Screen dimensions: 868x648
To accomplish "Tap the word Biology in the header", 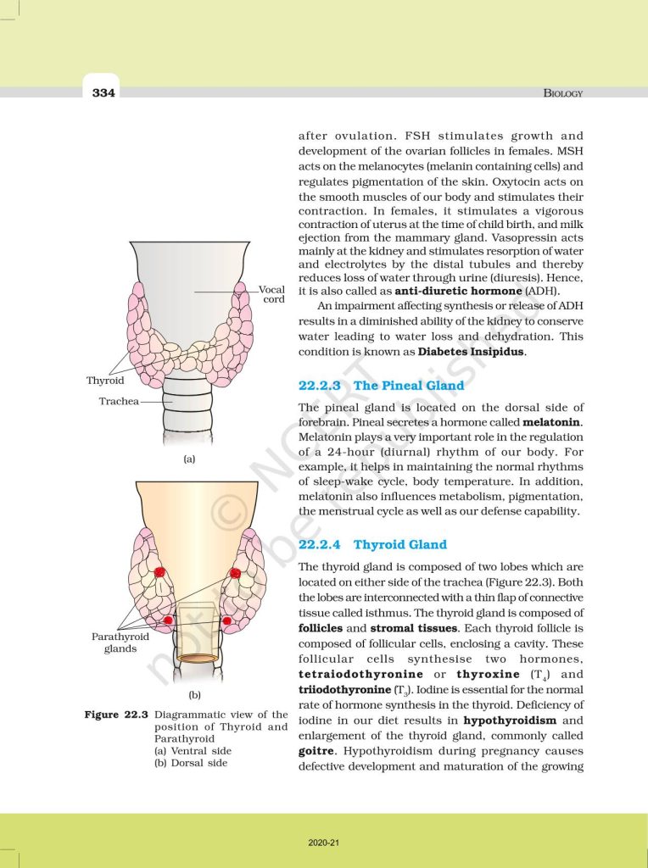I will [562, 93].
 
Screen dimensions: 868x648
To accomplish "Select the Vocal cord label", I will [272, 295].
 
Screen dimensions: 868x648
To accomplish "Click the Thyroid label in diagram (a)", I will [105, 381].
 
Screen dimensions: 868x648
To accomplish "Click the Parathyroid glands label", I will [120, 643].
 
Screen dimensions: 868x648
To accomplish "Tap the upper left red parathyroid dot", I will [159, 574].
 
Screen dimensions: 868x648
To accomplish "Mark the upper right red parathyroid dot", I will [235, 575].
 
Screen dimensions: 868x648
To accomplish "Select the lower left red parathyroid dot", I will [169, 620].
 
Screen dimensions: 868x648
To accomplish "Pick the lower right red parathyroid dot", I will [227, 621].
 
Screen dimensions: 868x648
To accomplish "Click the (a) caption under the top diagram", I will [189, 459].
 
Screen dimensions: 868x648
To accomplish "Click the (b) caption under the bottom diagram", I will [194, 695].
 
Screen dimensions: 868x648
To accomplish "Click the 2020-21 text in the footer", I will [324, 843].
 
